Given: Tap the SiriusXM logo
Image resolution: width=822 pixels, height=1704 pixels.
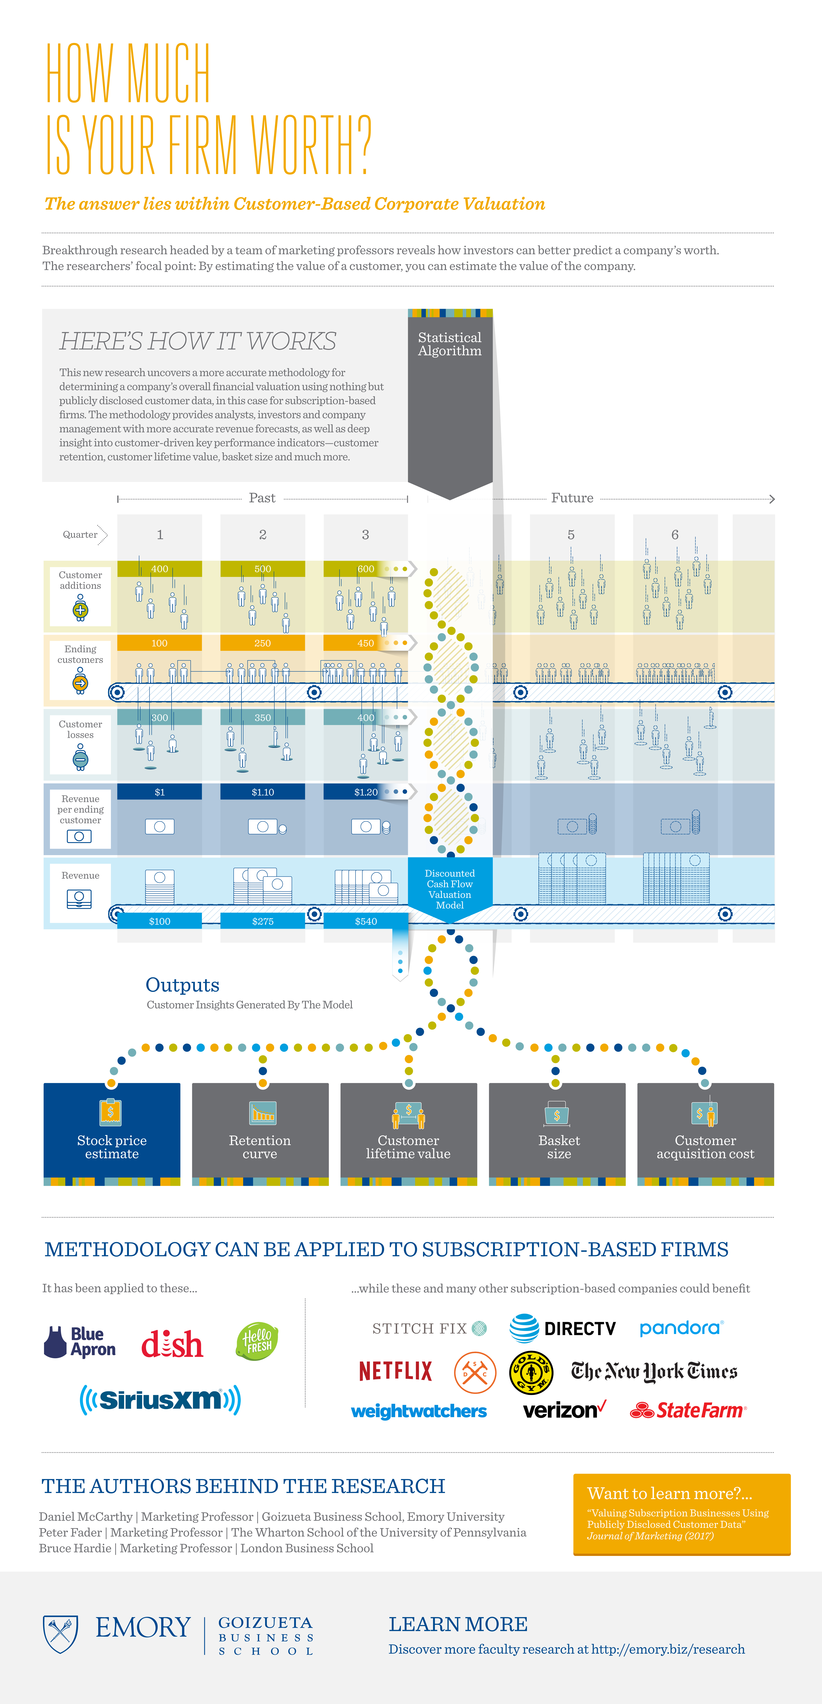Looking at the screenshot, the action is click(x=160, y=1400).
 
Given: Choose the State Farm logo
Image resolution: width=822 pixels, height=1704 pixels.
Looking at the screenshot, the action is click(x=688, y=1410).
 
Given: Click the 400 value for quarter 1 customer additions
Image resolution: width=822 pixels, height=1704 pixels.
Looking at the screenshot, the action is click(x=159, y=569).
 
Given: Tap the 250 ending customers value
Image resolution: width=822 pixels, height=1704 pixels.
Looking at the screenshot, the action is click(x=263, y=643).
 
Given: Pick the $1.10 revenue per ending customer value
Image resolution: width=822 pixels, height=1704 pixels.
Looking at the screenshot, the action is click(x=263, y=792).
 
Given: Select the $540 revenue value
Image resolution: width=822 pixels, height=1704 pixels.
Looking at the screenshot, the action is click(x=366, y=921).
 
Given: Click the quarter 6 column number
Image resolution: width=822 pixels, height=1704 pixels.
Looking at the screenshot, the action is click(x=675, y=535).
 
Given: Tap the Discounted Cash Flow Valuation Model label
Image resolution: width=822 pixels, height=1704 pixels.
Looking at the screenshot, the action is click(x=450, y=889).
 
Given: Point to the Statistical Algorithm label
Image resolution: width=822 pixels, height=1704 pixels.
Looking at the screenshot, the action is click(x=450, y=344).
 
